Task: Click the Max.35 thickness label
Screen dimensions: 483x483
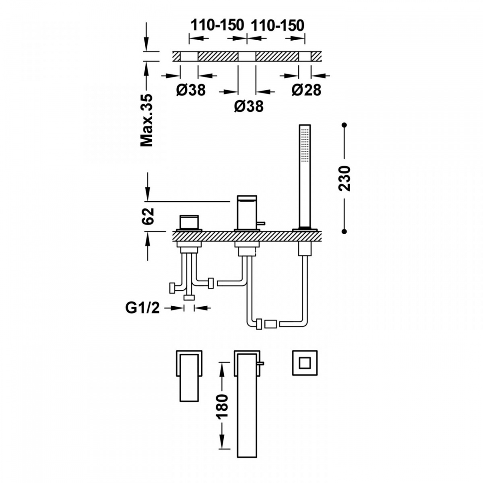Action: coord(147,120)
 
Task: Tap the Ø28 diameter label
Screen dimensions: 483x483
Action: coord(306,90)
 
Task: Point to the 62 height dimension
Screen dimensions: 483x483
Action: coord(147,216)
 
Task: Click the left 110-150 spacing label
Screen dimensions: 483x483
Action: coord(217,25)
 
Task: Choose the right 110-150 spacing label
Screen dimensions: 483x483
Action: coord(277,25)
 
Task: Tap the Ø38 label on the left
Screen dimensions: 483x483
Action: coord(191,90)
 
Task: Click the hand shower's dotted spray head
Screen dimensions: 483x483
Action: coord(305,146)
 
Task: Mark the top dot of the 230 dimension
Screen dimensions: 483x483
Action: coord(345,124)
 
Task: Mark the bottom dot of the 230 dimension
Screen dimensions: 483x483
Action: coord(345,231)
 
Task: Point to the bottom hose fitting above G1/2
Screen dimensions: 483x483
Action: coord(189,297)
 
